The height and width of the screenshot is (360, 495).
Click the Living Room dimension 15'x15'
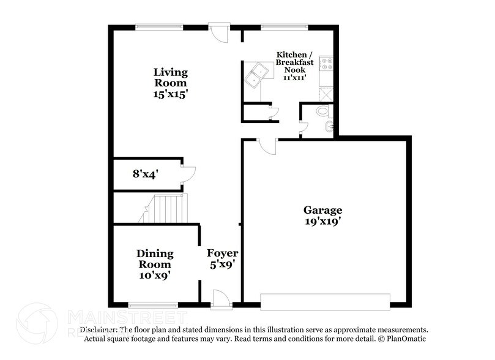click(170, 94)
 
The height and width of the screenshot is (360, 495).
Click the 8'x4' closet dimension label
click(146, 174)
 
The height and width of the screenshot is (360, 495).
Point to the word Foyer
click(222, 253)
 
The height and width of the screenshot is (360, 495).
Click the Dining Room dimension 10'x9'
click(155, 276)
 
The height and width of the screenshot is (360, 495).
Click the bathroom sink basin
click(329, 127)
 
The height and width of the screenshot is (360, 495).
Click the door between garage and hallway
click(267, 146)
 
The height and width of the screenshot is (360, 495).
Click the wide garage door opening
click(325, 301)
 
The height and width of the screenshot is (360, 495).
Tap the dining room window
click(153, 304)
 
